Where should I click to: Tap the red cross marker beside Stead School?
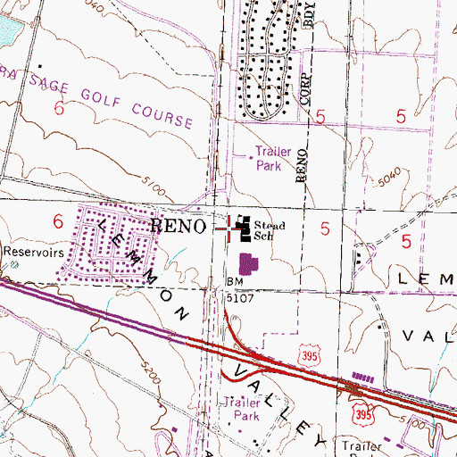tap(223, 228)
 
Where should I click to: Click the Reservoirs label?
tap(29, 253)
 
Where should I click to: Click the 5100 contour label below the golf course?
tap(154, 189)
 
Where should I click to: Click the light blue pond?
tap(7, 31)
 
